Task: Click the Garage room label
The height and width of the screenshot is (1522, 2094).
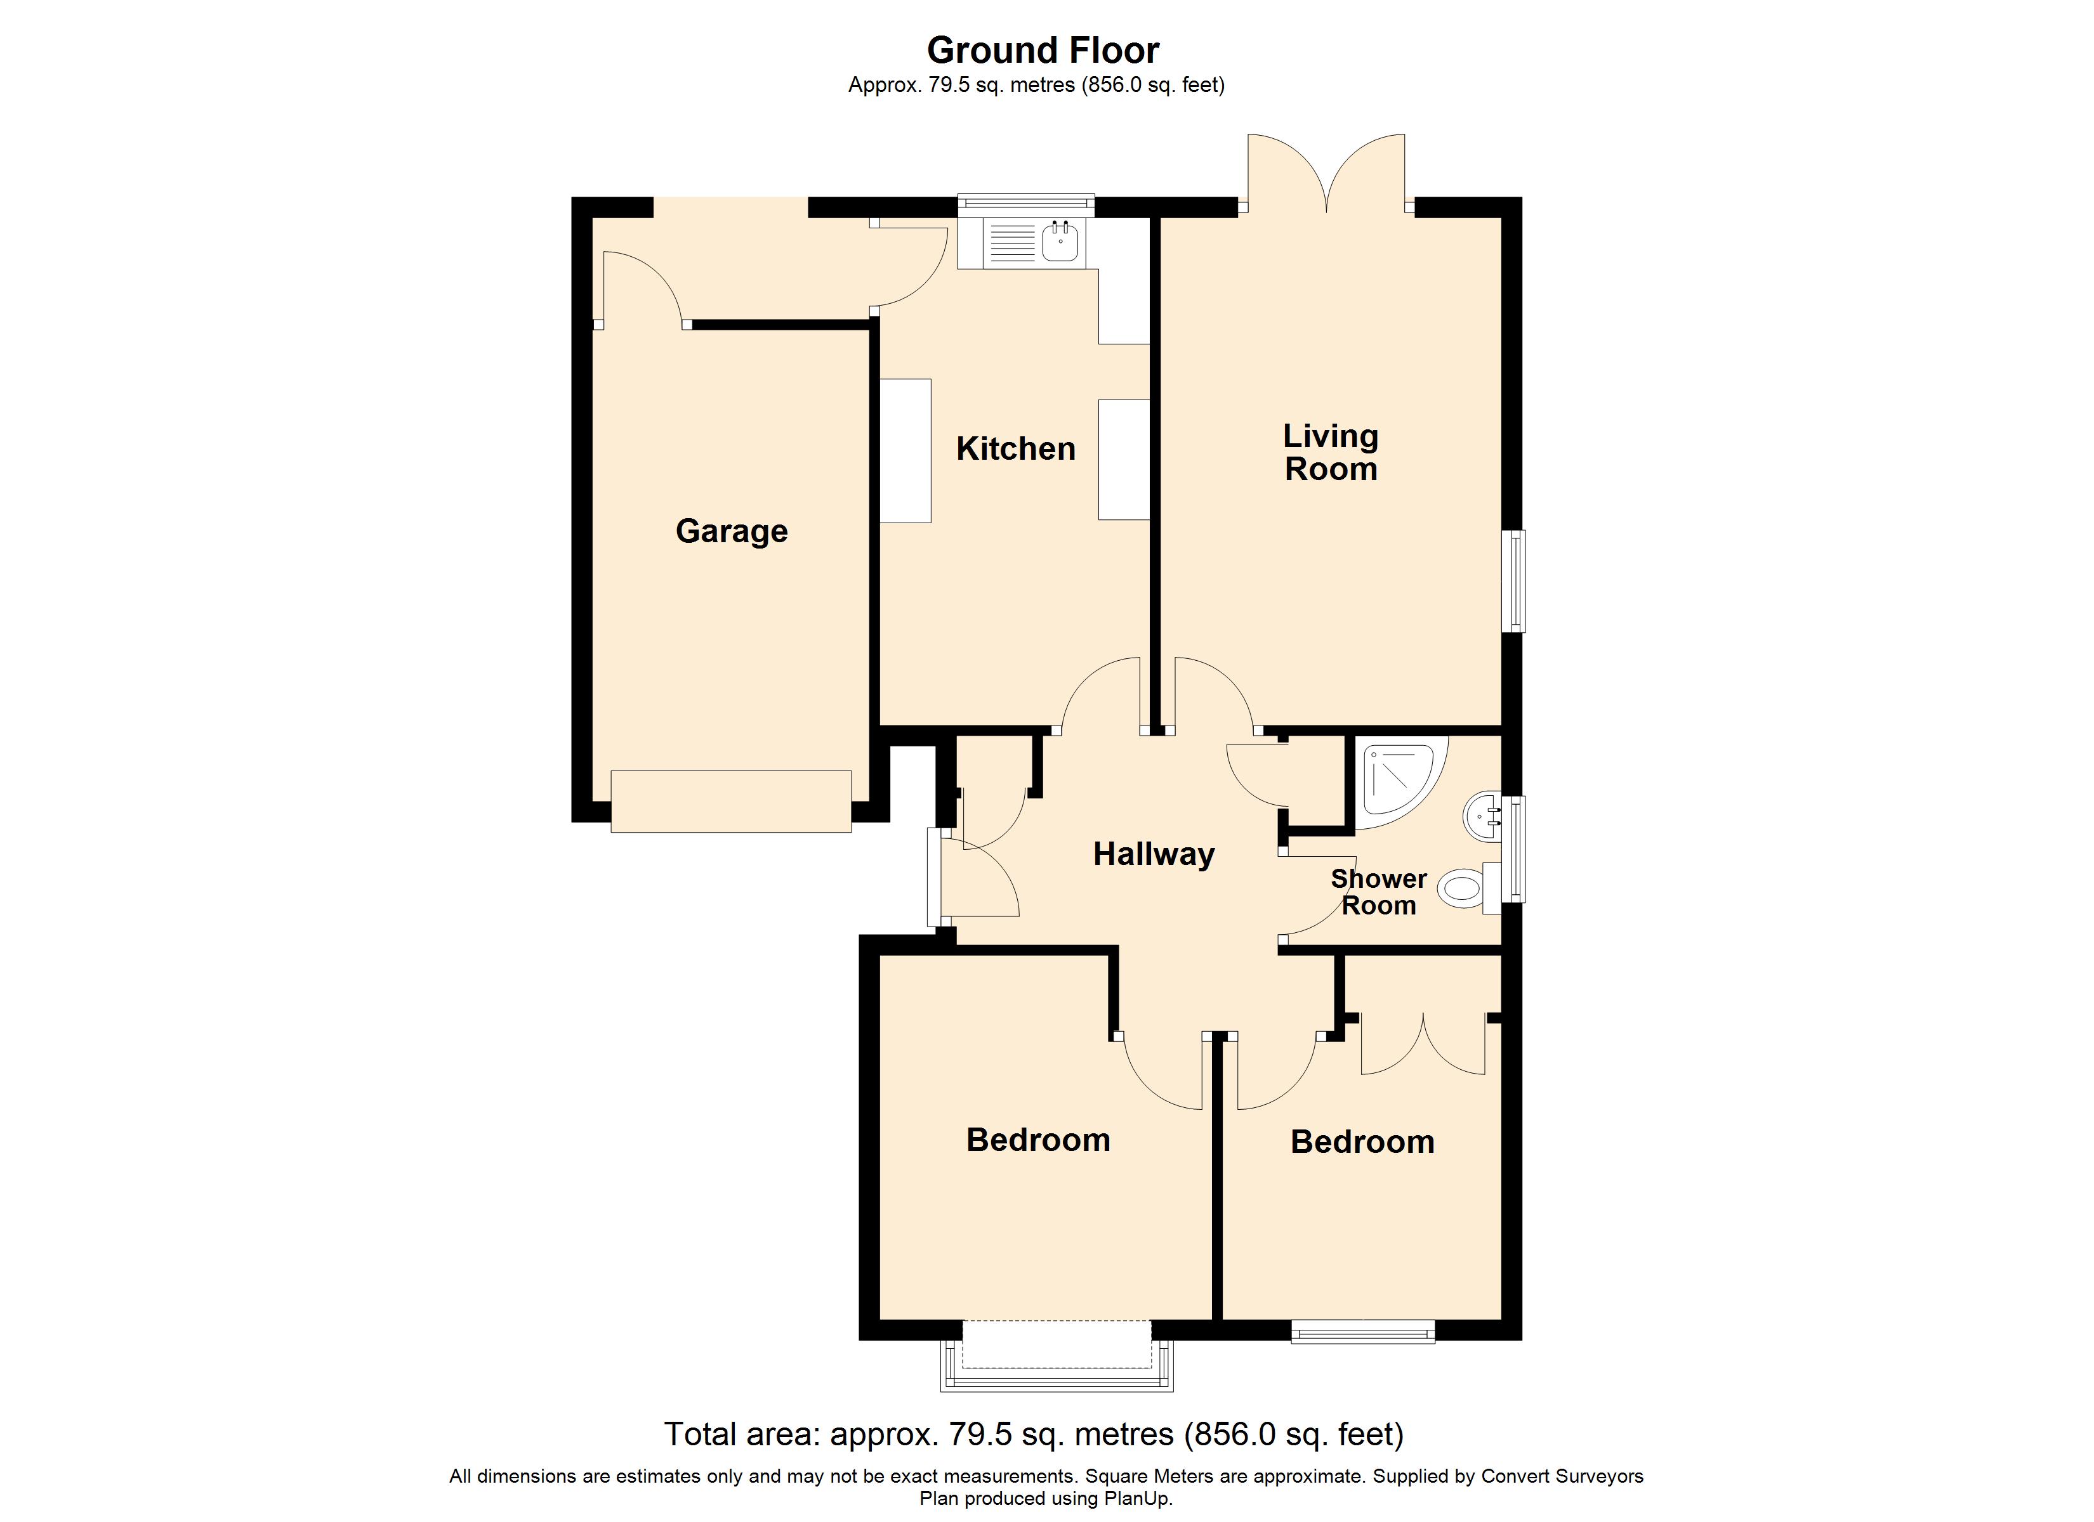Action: click(x=731, y=531)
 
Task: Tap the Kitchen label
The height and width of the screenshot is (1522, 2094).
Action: click(x=1016, y=448)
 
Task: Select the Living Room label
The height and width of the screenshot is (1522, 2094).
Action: click(x=1331, y=452)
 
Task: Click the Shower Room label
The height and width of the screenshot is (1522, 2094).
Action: click(x=1378, y=892)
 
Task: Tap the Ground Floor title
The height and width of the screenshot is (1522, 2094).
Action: click(x=1043, y=50)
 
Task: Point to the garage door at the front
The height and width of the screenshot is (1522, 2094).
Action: click(x=730, y=801)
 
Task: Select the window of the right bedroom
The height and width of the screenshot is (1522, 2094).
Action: click(x=1363, y=1331)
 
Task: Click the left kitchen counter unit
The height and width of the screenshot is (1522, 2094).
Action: click(x=905, y=452)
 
